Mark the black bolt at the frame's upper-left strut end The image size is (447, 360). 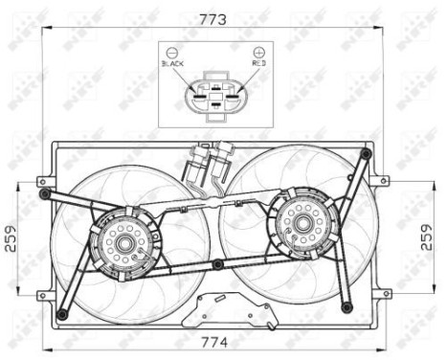(x=42, y=194)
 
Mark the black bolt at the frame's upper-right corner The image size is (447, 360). (x=365, y=152)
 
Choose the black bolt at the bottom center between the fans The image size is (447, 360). (x=218, y=264)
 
